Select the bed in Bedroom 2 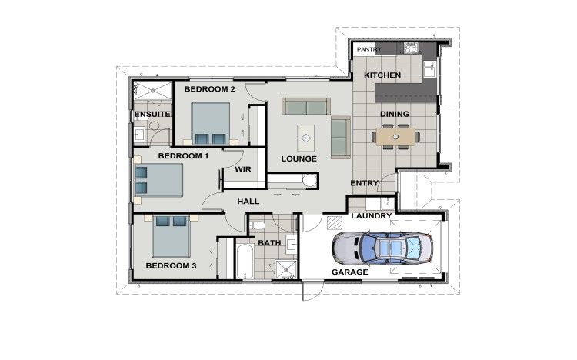210,125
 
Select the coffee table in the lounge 306,138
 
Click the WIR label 244,169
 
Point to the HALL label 248,202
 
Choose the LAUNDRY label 372,217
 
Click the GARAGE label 349,272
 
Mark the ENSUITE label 152,115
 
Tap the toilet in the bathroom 258,225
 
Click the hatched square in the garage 332,223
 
